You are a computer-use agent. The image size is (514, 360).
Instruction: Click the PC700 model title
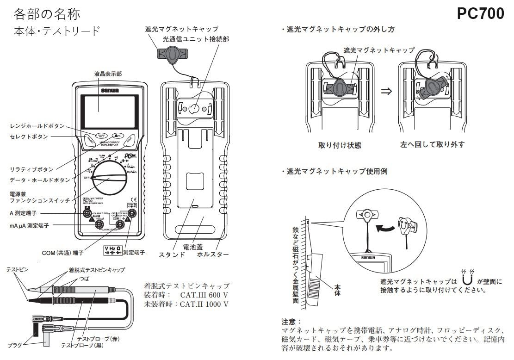(x=480, y=14)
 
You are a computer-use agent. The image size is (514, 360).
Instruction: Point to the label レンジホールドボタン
(x=37, y=126)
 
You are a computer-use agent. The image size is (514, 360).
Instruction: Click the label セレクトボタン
(x=29, y=137)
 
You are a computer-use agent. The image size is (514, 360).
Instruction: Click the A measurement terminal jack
(x=87, y=213)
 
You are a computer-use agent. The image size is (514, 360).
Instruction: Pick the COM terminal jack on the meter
(x=120, y=224)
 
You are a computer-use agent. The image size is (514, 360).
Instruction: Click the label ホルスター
(x=213, y=254)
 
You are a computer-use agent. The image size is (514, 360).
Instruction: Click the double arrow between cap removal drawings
(x=386, y=91)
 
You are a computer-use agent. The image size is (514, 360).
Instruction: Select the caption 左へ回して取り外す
(x=433, y=144)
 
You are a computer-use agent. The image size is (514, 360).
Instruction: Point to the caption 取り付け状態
(x=340, y=145)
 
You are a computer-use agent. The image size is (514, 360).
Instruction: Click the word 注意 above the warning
(x=291, y=321)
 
